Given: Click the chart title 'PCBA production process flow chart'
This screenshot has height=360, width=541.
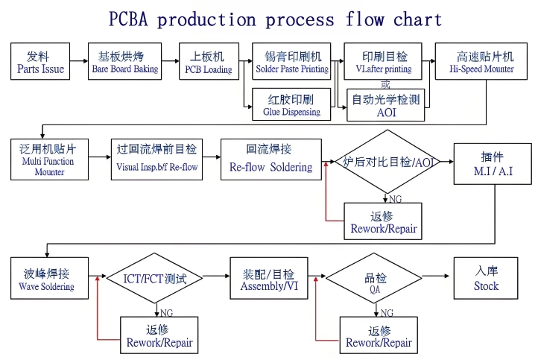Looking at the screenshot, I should coord(275,19).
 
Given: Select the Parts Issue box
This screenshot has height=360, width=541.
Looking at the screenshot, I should coord(40,63).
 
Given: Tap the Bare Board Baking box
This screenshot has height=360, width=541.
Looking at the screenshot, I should coord(124,63).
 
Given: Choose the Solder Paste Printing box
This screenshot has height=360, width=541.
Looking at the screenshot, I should coord(292,63).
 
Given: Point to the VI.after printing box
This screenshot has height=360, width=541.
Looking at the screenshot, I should coord(384,63).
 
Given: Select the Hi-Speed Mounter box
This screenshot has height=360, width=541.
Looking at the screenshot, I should coord(484,63).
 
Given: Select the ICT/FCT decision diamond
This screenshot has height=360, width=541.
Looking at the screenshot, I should coord(154,279).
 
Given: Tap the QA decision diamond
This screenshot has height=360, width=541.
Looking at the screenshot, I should coord(374,279).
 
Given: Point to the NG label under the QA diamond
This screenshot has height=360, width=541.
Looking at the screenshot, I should coord(387,312).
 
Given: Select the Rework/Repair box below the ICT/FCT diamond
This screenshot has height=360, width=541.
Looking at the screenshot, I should coord(159,335).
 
